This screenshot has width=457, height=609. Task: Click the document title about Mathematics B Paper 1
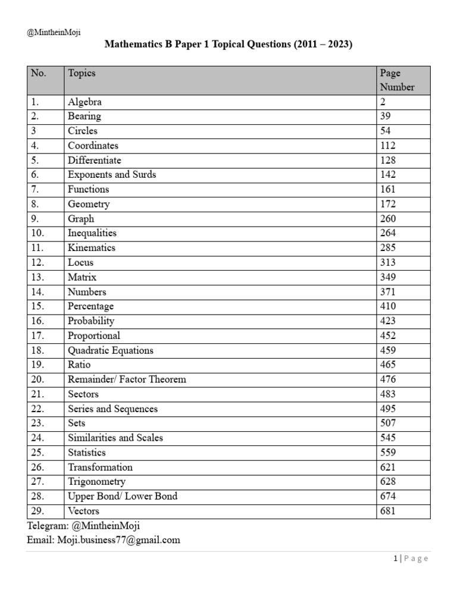pyautogui.click(x=229, y=45)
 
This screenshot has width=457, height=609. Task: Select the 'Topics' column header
pyautogui.click(x=82, y=73)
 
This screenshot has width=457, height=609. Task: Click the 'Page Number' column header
pyautogui.click(x=397, y=80)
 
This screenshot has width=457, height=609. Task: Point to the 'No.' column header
pyautogui.click(x=38, y=73)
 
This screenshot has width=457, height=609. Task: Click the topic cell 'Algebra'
pyautogui.click(x=84, y=102)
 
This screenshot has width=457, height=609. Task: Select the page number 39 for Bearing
pyautogui.click(x=386, y=117)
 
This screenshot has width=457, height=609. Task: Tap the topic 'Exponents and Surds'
pyautogui.click(x=112, y=175)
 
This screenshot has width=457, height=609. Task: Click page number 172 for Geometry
pyautogui.click(x=388, y=204)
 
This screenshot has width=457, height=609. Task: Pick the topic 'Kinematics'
pyautogui.click(x=92, y=248)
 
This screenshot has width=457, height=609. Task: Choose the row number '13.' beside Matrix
pyautogui.click(x=37, y=277)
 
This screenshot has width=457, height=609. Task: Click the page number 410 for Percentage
pyautogui.click(x=388, y=306)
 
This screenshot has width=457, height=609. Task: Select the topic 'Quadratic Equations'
pyautogui.click(x=111, y=350)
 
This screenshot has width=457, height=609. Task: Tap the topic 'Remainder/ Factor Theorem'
pyautogui.click(x=127, y=379)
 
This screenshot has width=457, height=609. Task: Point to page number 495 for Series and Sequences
pyautogui.click(x=388, y=409)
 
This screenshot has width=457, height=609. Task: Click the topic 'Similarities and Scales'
pyautogui.click(x=115, y=438)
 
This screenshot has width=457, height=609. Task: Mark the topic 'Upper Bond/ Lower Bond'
pyautogui.click(x=123, y=496)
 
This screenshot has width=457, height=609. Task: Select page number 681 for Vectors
pyautogui.click(x=388, y=511)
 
